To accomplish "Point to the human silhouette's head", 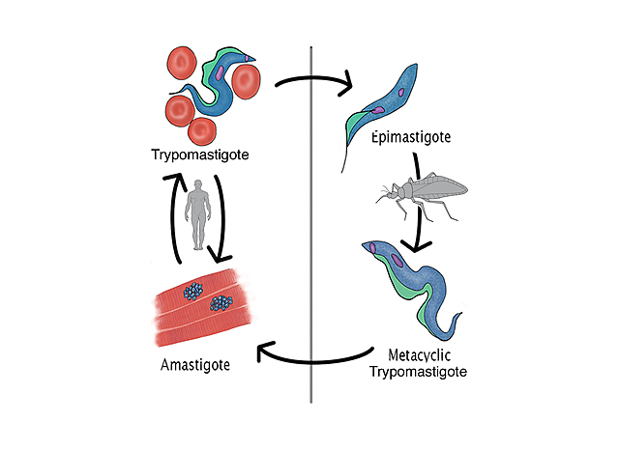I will pyautogui.click(x=199, y=183).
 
